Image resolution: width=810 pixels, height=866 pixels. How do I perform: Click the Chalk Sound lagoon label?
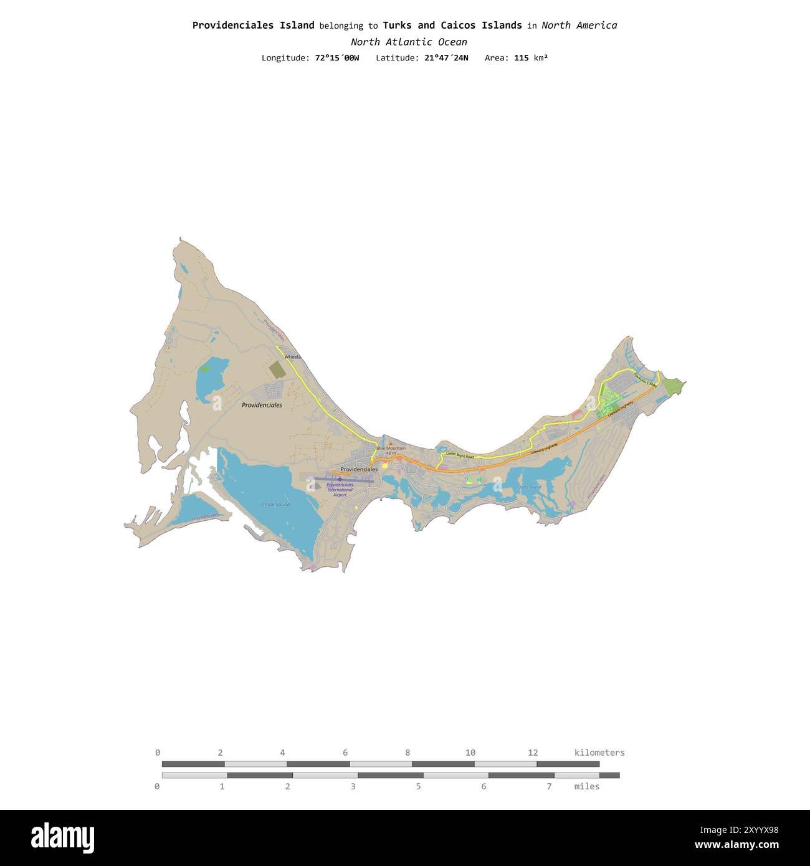click(275, 505)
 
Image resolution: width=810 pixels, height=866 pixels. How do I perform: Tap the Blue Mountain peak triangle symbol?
click(391, 444)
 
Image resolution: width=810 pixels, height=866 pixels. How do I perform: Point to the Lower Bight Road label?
click(460, 456)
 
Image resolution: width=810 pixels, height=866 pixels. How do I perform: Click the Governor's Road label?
click(645, 379)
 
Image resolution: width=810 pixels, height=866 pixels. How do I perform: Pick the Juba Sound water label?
click(530, 487)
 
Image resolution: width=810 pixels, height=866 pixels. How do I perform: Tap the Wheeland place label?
click(292, 357)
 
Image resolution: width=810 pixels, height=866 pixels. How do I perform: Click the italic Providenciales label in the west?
click(262, 405)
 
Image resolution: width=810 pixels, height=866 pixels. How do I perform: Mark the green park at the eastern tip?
click(672, 386)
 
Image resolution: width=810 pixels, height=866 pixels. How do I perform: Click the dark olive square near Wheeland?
click(278, 369)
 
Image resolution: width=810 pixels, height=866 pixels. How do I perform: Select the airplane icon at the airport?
click(340, 479)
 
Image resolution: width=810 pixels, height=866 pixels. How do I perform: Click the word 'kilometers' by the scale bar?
click(599, 753)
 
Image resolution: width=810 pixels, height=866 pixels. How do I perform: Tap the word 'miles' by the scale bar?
click(587, 786)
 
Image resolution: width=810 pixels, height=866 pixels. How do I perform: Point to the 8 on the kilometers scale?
click(407, 753)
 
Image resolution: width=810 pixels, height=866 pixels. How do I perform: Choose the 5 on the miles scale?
click(418, 786)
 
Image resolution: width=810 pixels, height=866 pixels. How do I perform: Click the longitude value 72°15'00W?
click(337, 58)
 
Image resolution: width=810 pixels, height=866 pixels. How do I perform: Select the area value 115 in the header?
click(522, 58)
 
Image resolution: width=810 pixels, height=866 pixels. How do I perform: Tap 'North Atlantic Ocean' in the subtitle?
click(409, 42)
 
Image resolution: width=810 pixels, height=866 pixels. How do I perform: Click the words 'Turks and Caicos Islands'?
click(452, 26)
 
